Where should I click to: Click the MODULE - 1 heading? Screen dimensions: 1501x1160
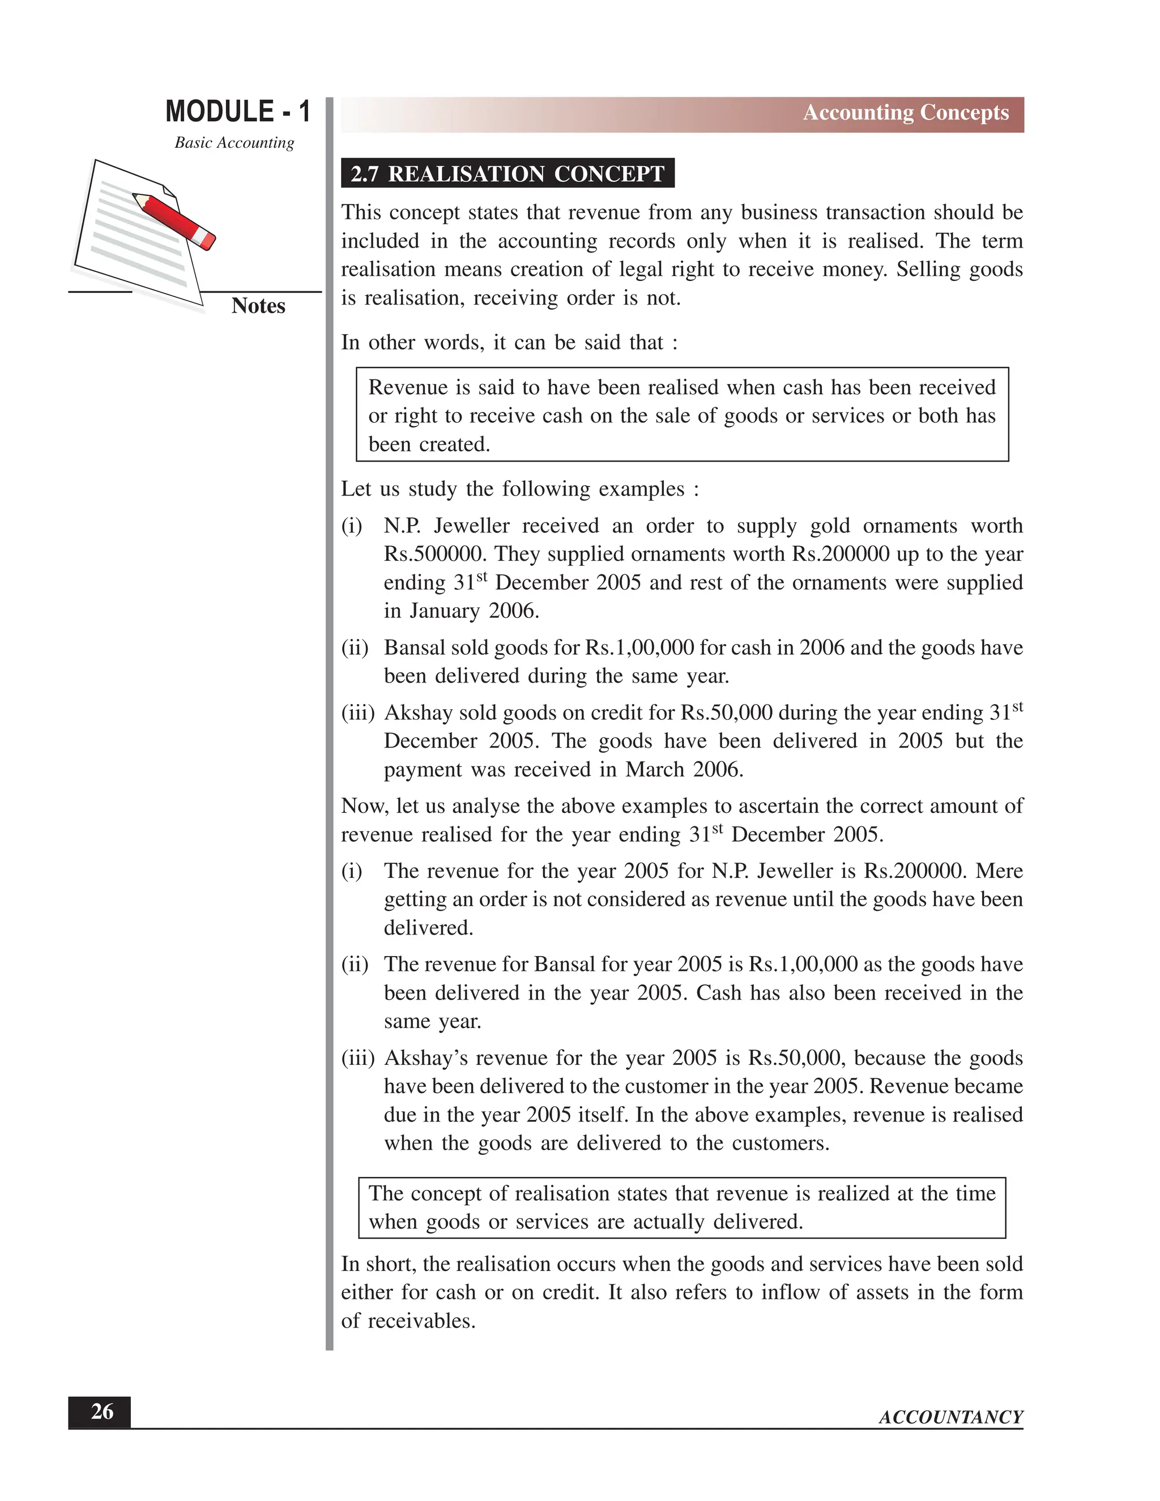[x=238, y=112]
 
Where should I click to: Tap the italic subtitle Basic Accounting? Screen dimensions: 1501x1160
[x=234, y=142]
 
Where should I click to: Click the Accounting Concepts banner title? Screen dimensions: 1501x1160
[x=905, y=113]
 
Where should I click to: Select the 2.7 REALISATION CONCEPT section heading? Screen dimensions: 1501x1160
[x=507, y=173]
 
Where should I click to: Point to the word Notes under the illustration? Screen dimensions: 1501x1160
[x=258, y=305]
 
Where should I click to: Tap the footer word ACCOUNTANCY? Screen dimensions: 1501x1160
[x=950, y=1417]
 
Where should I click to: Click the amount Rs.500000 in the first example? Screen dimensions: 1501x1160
[x=432, y=554]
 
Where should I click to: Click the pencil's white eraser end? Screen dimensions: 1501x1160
[x=206, y=239]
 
